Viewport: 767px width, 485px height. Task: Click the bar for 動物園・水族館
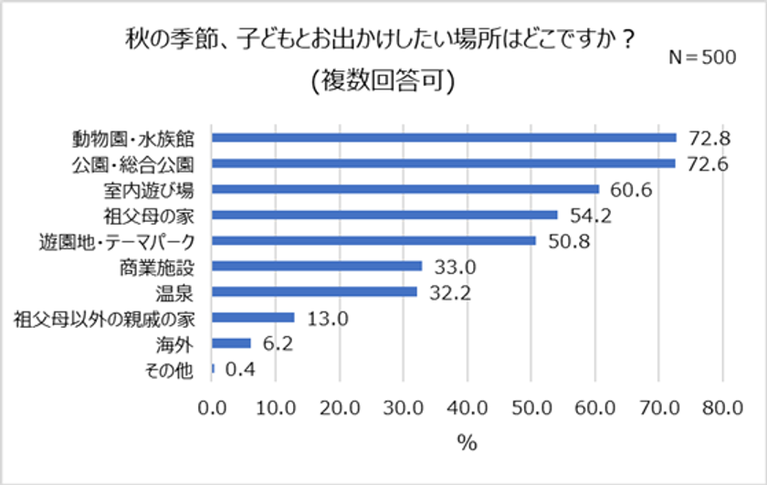(x=444, y=138)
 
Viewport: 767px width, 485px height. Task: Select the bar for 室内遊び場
(x=405, y=189)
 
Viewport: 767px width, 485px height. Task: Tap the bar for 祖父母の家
(x=384, y=215)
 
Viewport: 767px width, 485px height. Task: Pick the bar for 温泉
(x=314, y=292)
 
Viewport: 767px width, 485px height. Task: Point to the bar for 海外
(x=231, y=343)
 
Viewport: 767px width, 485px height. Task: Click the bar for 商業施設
(x=317, y=267)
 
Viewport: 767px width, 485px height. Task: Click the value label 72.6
(x=709, y=164)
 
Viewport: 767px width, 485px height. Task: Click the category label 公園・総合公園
(x=138, y=164)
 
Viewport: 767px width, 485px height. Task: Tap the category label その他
(x=173, y=370)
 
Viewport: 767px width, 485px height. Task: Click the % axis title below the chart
(x=467, y=444)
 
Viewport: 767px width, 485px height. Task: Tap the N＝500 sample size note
(x=702, y=57)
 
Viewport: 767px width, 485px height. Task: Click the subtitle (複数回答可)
(x=383, y=80)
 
